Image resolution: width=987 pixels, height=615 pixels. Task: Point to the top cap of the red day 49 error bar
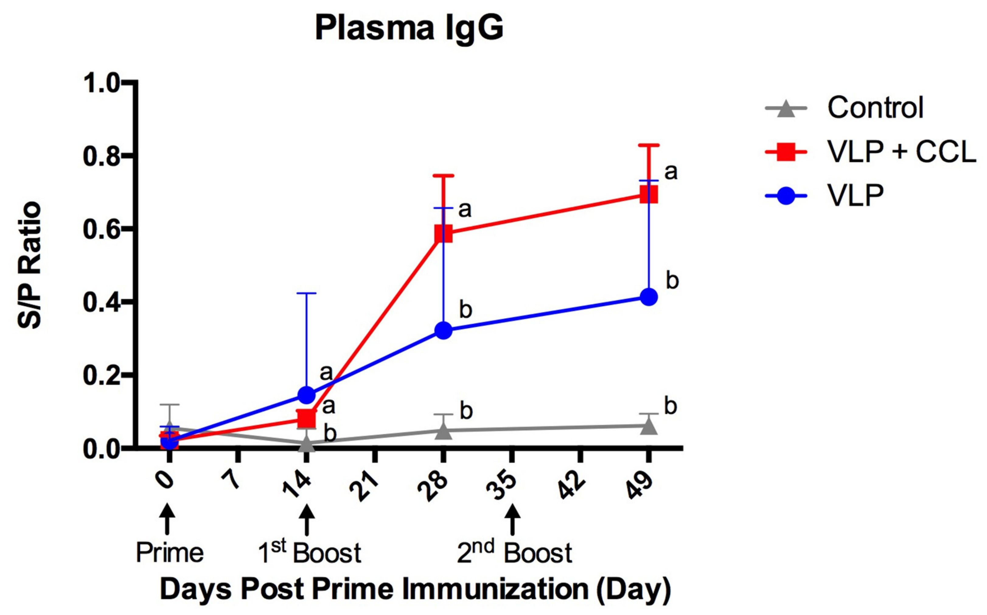point(649,145)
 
